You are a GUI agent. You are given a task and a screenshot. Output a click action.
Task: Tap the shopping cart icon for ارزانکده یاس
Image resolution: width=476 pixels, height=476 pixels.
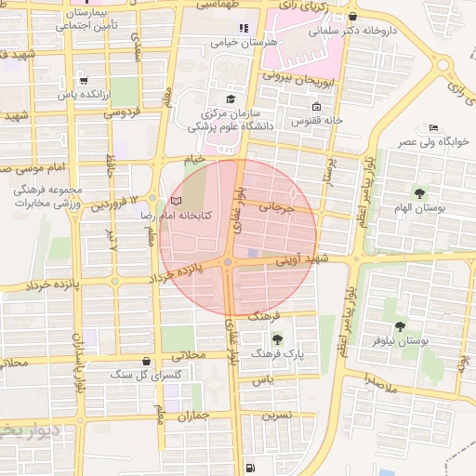tap(85, 81)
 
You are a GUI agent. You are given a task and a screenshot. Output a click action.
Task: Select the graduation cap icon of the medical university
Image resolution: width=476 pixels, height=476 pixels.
tap(231, 99)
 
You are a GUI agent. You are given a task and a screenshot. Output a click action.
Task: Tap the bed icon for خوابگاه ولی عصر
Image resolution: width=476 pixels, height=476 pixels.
tap(433, 127)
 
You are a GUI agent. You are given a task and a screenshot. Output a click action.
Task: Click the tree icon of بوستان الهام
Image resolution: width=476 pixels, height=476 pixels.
tap(420, 193)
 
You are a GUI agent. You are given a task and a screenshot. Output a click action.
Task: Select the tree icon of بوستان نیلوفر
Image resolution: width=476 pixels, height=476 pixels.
tap(400, 326)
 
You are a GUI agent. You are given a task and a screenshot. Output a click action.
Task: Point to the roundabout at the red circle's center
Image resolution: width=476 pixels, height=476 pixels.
tap(228, 263)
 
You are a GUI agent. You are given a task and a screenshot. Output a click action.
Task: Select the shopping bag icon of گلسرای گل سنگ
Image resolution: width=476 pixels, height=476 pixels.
tap(146, 361)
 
